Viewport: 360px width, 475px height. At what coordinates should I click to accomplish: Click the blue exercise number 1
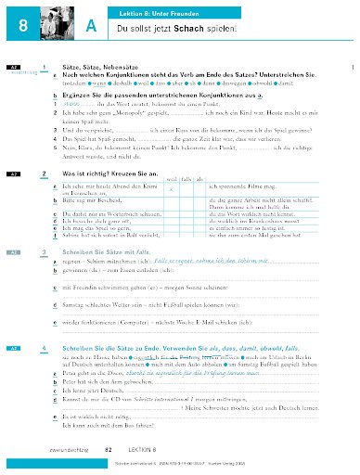[45, 68]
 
